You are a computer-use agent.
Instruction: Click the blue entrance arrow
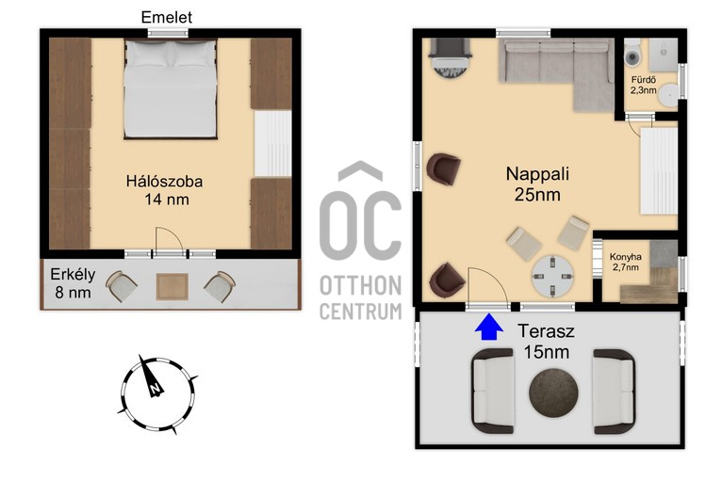click(x=488, y=328)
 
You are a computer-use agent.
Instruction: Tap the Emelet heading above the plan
click(x=166, y=18)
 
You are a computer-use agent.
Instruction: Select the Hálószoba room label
click(x=164, y=181)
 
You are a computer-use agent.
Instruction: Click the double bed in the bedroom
click(x=171, y=89)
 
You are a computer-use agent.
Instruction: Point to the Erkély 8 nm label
click(x=73, y=283)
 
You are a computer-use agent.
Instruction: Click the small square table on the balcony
click(x=172, y=286)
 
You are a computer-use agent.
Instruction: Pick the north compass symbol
click(x=157, y=394)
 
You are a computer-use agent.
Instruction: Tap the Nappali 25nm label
click(x=537, y=184)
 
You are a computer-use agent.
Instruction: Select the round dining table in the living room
click(x=552, y=276)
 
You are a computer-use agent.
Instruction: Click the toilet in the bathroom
click(x=632, y=52)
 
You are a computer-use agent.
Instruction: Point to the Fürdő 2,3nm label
click(x=643, y=85)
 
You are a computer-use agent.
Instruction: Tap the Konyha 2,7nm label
click(x=625, y=262)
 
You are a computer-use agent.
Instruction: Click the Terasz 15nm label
click(x=547, y=341)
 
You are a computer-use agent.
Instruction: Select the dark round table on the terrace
click(x=553, y=393)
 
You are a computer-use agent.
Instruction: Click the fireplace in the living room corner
click(x=450, y=58)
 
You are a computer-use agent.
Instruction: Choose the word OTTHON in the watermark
click(x=361, y=286)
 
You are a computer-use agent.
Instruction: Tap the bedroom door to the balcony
click(x=170, y=241)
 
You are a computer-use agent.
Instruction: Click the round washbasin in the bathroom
click(x=667, y=95)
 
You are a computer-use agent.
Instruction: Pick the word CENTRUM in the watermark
click(x=361, y=312)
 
